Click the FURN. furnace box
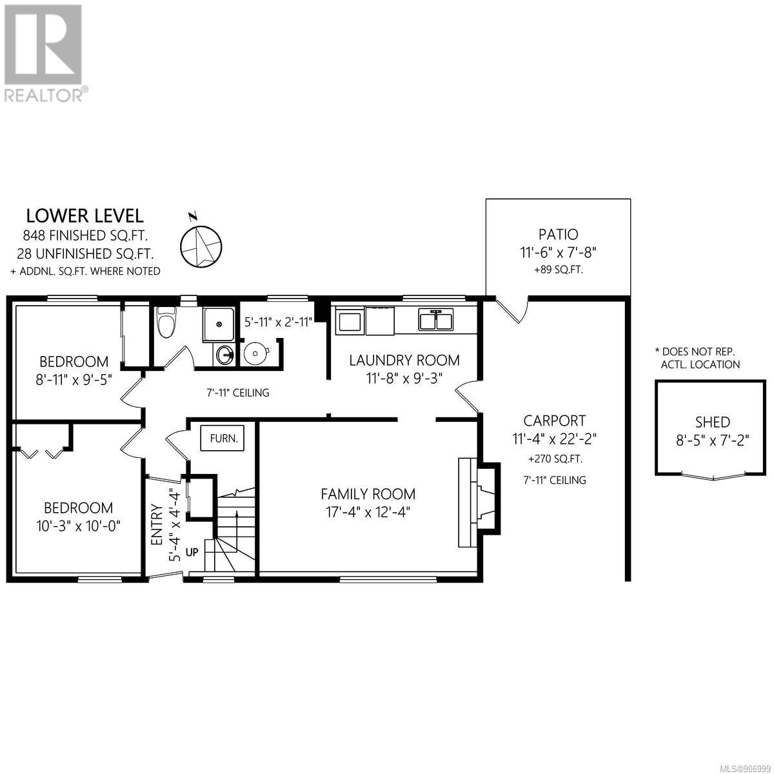[223, 438]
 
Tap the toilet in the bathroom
[166, 322]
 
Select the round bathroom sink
[225, 354]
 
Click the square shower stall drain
[218, 324]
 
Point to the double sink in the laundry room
[436, 319]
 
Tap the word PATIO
[559, 234]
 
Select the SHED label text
[713, 422]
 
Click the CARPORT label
[554, 421]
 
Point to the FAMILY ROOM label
[368, 494]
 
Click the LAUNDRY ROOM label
[404, 361]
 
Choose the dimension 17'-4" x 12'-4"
[368, 513]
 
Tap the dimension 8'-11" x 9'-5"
[74, 379]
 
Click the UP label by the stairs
[192, 552]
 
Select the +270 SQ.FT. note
[555, 459]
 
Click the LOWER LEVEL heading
[84, 216]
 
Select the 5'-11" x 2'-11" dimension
[279, 322]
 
